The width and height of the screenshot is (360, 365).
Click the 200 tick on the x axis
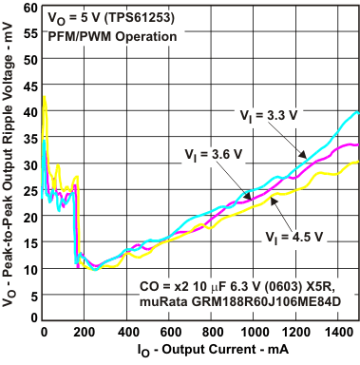point(85,332)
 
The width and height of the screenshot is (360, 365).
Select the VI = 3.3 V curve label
point(267,115)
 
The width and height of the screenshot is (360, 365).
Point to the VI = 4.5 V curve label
point(294,234)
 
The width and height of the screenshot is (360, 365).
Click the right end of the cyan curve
point(357,112)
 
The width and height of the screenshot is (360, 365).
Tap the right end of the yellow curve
point(357,163)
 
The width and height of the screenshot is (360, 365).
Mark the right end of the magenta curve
point(357,144)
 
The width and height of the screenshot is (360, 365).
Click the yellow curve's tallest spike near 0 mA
point(45,96)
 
